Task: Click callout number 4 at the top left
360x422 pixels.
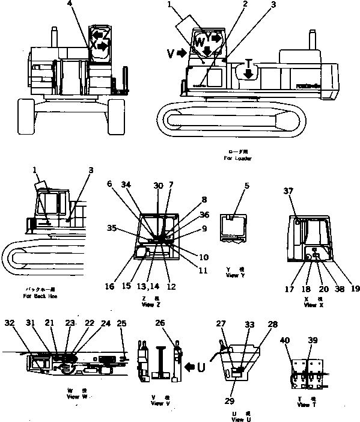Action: [71, 4]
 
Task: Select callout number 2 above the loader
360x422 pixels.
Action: [228, 4]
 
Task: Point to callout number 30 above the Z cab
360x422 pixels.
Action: [158, 186]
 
